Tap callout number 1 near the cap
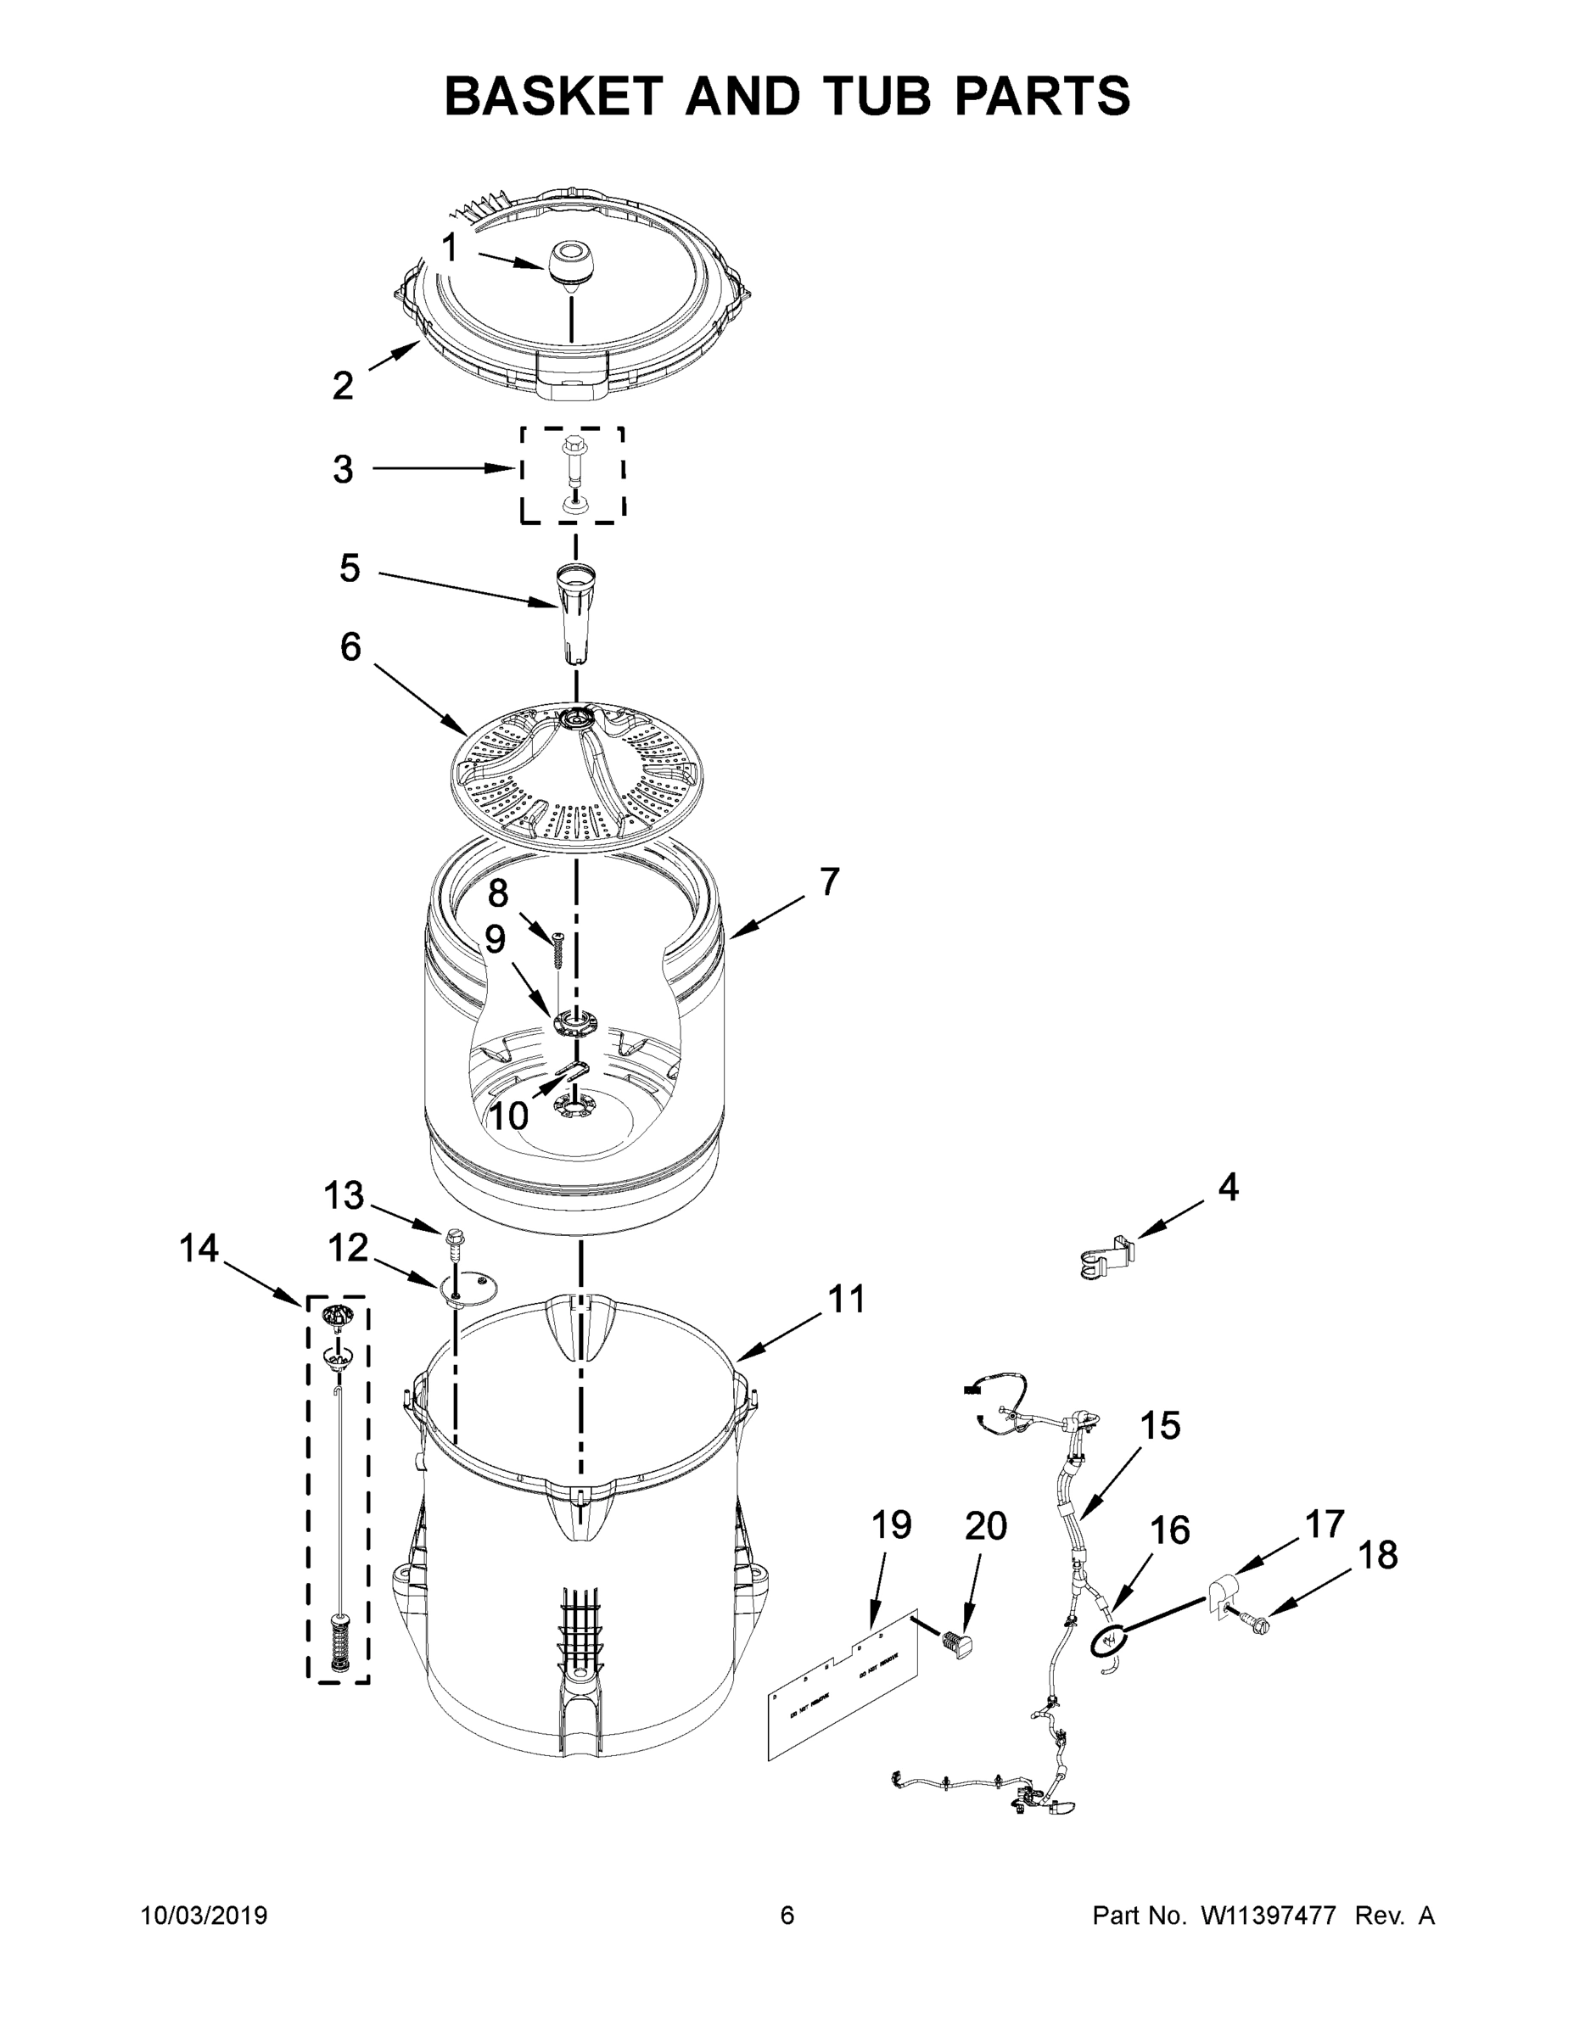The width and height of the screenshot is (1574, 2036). [450, 249]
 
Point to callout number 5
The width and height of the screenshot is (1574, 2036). [350, 568]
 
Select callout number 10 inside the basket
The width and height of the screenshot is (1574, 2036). [508, 1114]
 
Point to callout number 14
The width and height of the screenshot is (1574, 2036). [199, 1248]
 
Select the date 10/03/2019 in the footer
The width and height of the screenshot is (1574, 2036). [204, 1915]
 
